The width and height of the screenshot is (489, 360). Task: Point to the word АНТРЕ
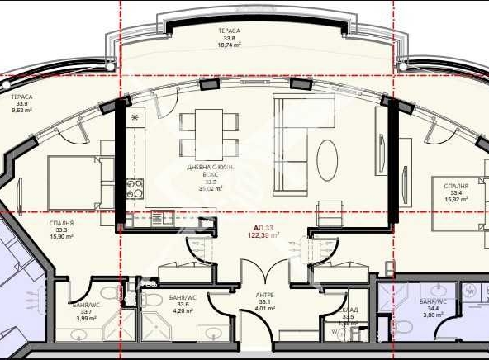[265, 295]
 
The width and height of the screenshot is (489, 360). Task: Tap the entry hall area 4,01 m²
[265, 310]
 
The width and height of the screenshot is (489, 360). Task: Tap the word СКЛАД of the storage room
[349, 309]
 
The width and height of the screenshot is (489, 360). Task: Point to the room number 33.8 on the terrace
[229, 38]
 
